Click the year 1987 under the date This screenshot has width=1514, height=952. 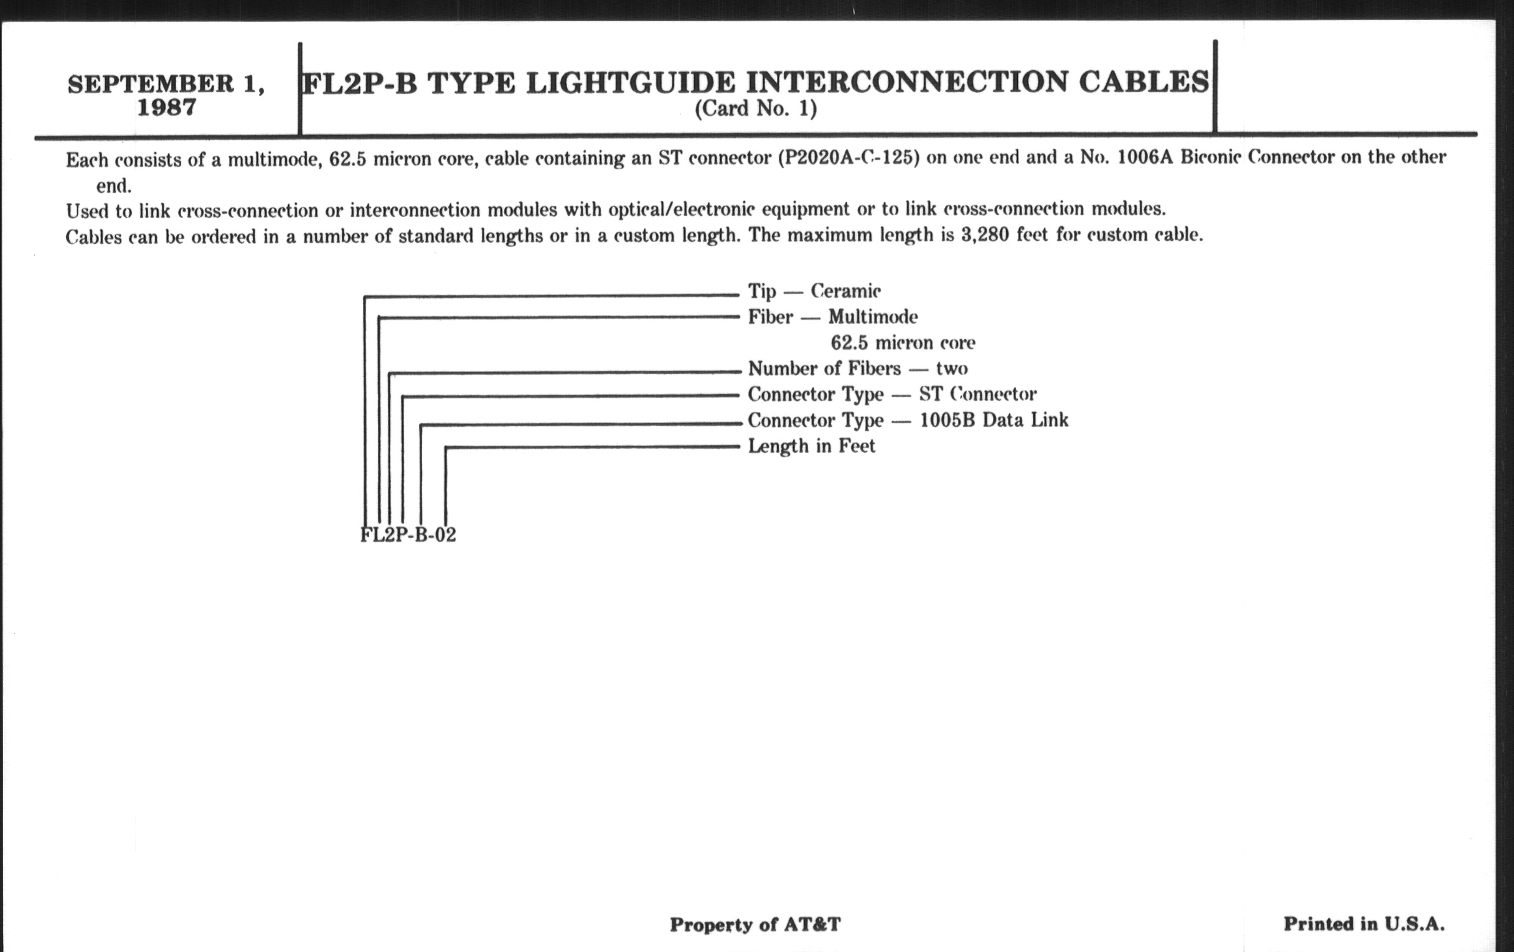click(x=167, y=108)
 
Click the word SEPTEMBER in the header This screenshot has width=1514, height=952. click(x=151, y=83)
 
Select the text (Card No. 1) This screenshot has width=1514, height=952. click(x=756, y=109)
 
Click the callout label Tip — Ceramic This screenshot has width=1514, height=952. click(x=814, y=291)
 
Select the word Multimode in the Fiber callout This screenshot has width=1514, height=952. click(x=873, y=317)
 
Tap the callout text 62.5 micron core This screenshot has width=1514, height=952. click(x=903, y=342)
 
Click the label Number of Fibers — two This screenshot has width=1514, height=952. click(x=858, y=368)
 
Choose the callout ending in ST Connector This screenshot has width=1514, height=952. click(x=892, y=394)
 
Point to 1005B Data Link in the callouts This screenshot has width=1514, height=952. click(x=994, y=420)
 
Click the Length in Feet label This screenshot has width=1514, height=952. click(x=811, y=446)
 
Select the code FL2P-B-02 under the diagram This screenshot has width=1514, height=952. click(x=408, y=534)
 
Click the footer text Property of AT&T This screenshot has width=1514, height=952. click(x=755, y=925)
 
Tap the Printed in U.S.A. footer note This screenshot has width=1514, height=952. click(x=1365, y=924)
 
